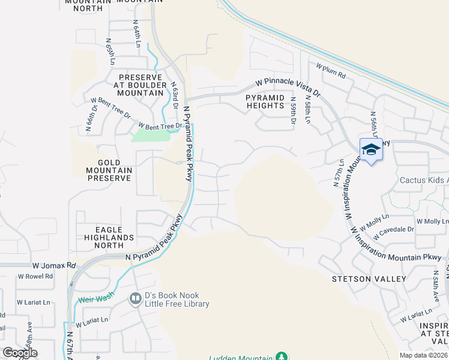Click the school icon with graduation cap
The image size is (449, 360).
[x=371, y=150]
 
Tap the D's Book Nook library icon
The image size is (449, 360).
[x=136, y=298]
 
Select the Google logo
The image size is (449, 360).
[x=20, y=353]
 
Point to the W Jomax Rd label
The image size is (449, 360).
[x=54, y=265]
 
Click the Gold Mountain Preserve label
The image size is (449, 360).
[x=109, y=170]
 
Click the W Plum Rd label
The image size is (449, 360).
[x=331, y=72]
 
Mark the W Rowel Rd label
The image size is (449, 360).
[x=35, y=277]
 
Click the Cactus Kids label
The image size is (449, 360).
[x=424, y=180]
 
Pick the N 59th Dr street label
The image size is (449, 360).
[x=293, y=111]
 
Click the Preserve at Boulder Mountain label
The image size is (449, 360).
[x=141, y=85]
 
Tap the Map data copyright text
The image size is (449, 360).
[x=423, y=355]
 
